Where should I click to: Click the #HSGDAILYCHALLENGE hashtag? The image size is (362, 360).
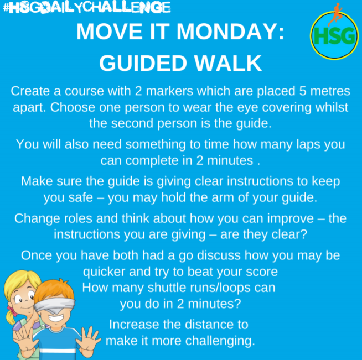[x=85, y=7]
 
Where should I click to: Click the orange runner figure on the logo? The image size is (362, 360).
[x=335, y=14]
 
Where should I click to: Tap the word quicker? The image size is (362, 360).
[x=104, y=272]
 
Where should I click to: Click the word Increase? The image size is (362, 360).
[x=133, y=325]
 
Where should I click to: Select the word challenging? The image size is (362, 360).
[x=219, y=340]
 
